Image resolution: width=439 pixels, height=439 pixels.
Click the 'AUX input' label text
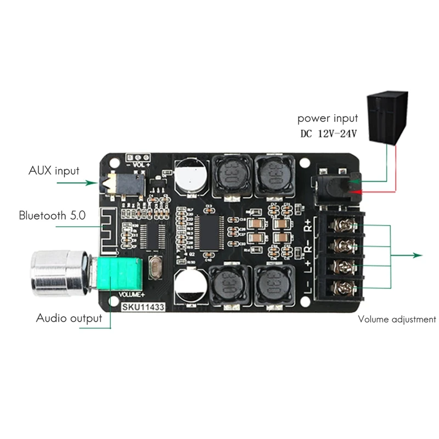[54, 171]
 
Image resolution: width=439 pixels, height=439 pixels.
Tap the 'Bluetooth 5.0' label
[52, 215]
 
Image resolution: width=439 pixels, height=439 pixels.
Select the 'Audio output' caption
[69, 318]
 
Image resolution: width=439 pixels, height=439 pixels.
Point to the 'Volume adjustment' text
[397, 319]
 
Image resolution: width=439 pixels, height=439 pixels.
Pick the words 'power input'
[328, 118]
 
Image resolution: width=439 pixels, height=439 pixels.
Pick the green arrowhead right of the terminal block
[418, 255]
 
